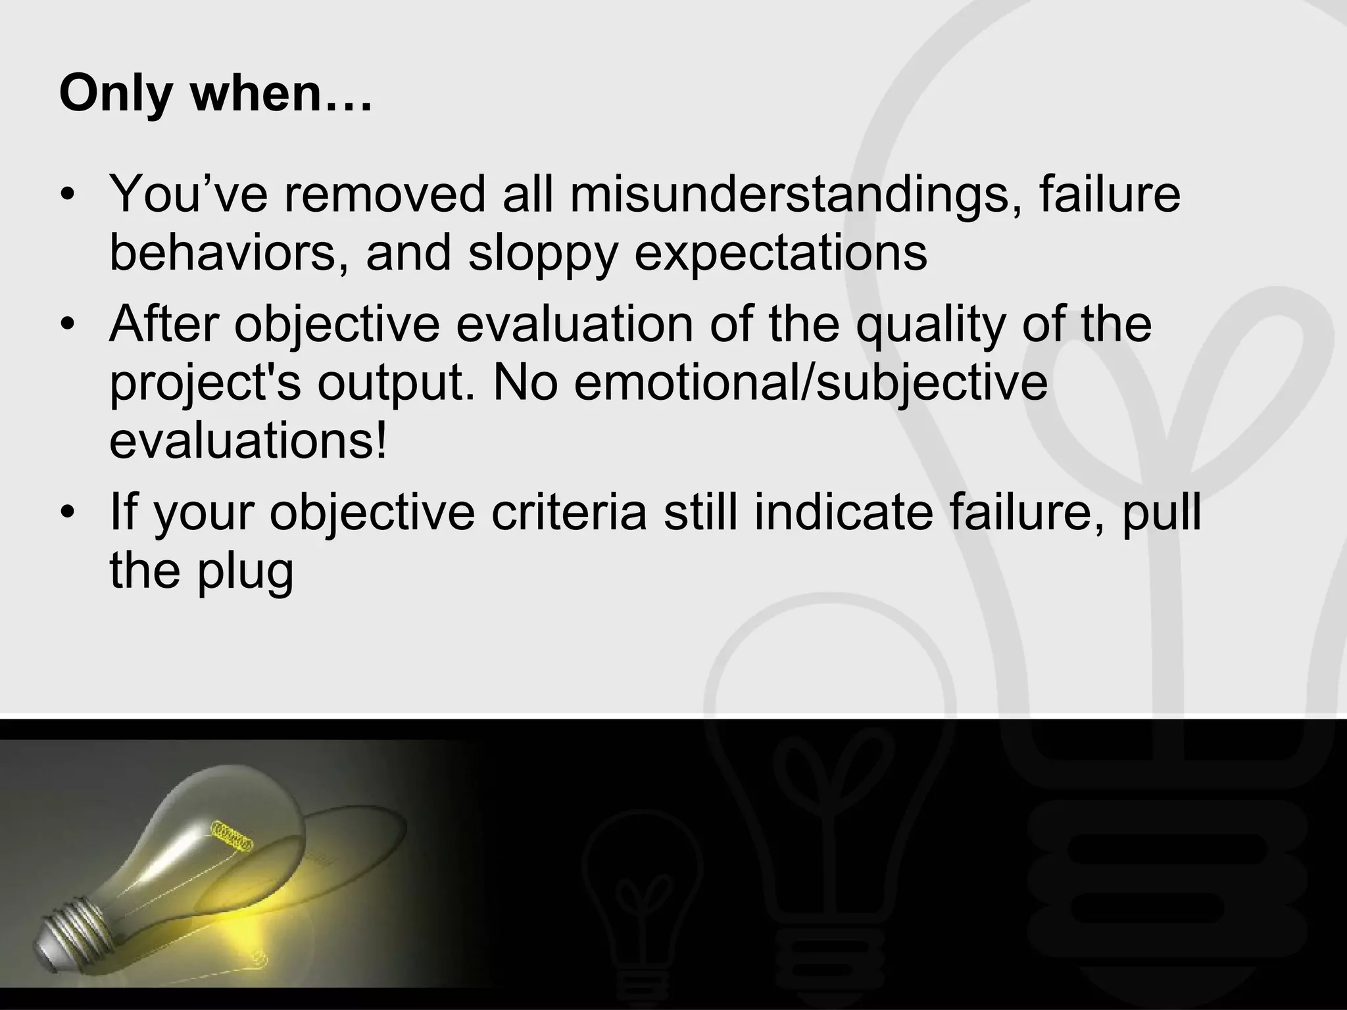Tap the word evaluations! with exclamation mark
pyautogui.click(x=249, y=441)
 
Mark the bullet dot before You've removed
pyautogui.click(x=67, y=196)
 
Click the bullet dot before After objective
pyautogui.click(x=67, y=325)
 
